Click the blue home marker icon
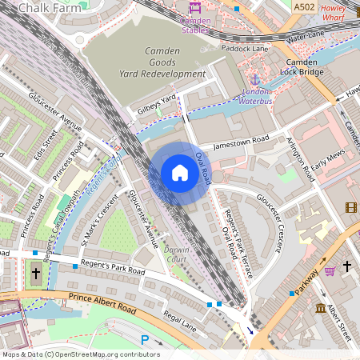[x=179, y=173]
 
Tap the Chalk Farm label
[x=45, y=7]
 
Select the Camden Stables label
[x=195, y=24]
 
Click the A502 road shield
[x=304, y=7]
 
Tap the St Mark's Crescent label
[x=99, y=218]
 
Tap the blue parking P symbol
[x=145, y=339]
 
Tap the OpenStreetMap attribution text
[x=80, y=354]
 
